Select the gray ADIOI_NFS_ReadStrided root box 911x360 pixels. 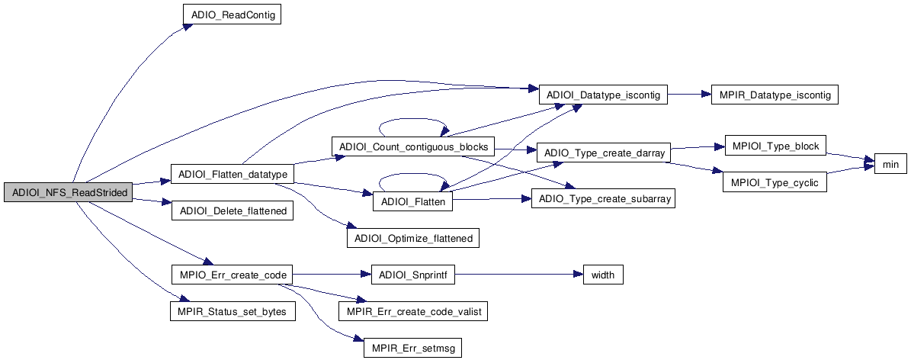point(69,192)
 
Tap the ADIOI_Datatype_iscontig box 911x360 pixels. point(603,95)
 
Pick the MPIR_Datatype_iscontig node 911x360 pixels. point(774,95)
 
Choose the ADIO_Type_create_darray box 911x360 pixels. point(602,153)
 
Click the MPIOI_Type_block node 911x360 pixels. point(774,146)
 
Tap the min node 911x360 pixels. point(889,163)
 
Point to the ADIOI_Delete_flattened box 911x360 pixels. point(232,211)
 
